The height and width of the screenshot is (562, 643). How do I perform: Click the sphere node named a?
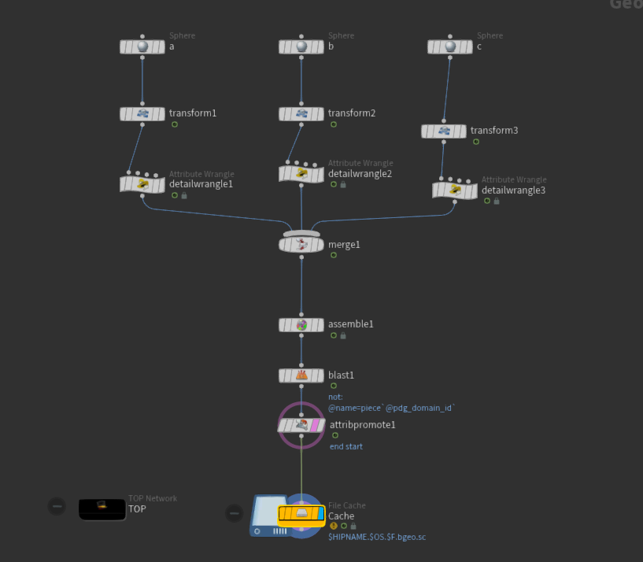coord(142,47)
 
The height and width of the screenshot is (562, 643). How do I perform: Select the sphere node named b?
coord(301,47)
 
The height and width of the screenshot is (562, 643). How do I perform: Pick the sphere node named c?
coord(450,47)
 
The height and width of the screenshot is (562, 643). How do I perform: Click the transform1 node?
coord(142,114)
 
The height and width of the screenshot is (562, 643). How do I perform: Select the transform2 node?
coord(301,114)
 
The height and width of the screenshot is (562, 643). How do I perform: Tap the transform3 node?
coord(444,131)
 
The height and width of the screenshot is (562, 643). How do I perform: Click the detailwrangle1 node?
coord(142,184)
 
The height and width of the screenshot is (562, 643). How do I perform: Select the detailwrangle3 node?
coord(455,190)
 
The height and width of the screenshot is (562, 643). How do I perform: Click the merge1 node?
coord(301,245)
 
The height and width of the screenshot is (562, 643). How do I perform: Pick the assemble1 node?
coord(301,324)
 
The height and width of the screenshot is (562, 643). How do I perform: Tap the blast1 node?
coord(301,375)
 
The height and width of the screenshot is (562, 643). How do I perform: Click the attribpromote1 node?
coord(301,425)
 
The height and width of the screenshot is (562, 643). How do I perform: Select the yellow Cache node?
coord(301,515)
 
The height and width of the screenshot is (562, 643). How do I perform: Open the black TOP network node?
coord(102,509)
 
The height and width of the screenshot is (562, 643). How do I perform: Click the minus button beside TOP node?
coord(57,507)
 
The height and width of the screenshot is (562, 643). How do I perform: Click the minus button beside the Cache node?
coord(235,513)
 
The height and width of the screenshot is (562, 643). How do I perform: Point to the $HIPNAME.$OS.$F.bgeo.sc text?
coord(377,536)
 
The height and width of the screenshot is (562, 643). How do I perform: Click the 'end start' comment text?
coord(346,446)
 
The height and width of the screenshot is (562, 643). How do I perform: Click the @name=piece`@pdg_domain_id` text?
coord(392,408)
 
